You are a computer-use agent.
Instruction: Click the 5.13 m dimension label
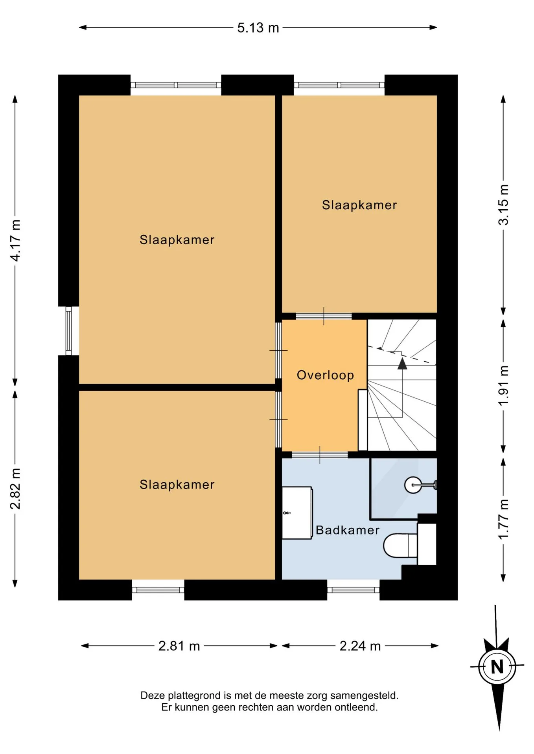click(x=258, y=28)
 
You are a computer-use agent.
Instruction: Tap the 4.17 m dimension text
click(x=15, y=241)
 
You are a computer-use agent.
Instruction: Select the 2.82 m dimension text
click(x=15, y=489)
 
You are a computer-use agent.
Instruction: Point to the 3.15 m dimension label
click(x=503, y=205)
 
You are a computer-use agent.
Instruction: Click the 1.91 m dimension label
click(x=503, y=386)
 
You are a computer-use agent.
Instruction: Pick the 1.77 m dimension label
click(x=503, y=520)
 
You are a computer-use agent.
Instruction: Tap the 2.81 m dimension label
click(x=179, y=646)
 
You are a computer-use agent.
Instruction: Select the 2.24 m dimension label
click(x=360, y=646)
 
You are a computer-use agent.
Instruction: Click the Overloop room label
click(x=325, y=375)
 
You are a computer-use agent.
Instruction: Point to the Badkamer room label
click(x=348, y=530)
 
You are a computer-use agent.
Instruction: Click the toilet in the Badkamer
click(x=400, y=545)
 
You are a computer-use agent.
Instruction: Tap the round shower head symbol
click(x=413, y=485)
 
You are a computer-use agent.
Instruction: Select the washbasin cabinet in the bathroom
click(x=297, y=512)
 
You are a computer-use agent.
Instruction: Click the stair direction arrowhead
click(x=402, y=363)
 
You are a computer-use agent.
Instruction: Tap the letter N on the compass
click(x=497, y=666)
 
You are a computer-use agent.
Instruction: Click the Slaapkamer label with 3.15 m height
click(x=359, y=205)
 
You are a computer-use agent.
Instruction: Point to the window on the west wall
click(x=69, y=331)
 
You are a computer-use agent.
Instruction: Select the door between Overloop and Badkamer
click(x=320, y=455)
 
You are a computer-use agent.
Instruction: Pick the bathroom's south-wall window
click(x=353, y=590)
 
